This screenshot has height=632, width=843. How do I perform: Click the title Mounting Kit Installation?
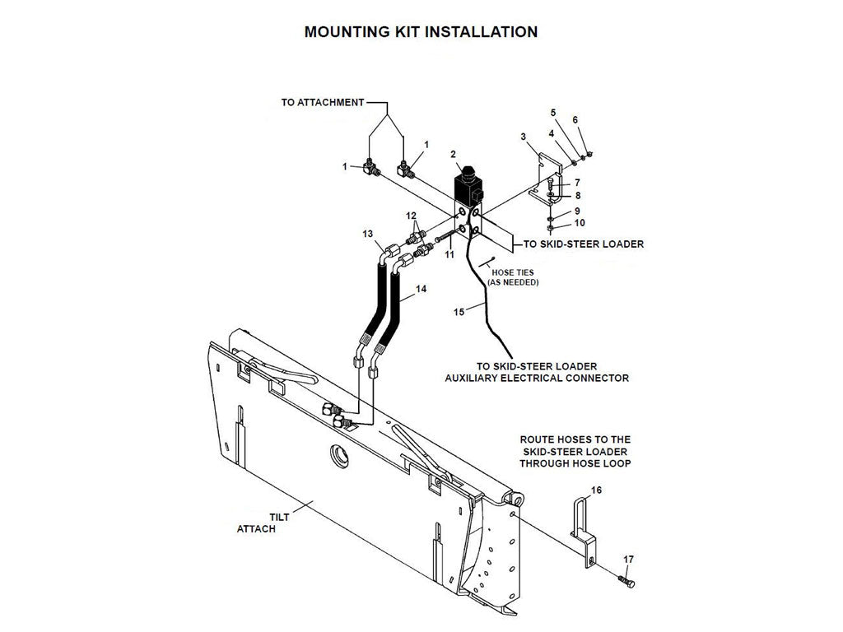[421, 32]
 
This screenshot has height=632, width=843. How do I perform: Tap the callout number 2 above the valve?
[453, 154]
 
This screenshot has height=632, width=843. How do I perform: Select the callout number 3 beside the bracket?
[523, 136]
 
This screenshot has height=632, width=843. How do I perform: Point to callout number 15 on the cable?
[459, 312]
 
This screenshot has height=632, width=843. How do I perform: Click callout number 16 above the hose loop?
[597, 490]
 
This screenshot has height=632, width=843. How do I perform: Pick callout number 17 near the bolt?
[629, 560]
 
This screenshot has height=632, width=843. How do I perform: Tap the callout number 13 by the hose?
[368, 234]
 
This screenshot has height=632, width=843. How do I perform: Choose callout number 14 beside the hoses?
[421, 289]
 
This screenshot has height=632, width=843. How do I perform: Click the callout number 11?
[449, 256]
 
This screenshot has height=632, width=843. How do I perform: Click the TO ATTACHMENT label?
[322, 103]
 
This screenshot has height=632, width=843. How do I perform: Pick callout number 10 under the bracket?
[579, 223]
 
